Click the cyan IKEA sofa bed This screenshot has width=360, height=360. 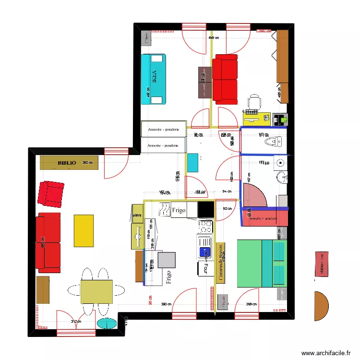[154, 79]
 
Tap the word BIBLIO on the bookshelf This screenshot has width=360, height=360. [67, 163]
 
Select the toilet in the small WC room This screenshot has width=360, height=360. [273, 142]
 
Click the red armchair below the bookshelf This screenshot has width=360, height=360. [51, 194]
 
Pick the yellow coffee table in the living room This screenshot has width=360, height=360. [84, 230]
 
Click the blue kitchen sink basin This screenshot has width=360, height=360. [205, 252]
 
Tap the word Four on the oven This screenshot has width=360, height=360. [204, 267]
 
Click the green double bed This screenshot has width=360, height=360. [262, 264]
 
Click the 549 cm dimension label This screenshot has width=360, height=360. [213, 38]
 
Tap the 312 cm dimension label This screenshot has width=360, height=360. [75, 322]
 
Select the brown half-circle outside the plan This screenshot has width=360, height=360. [321, 306]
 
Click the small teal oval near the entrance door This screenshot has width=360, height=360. [107, 324]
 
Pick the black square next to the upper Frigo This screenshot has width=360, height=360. [206, 209]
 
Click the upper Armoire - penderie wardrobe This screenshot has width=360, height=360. [163, 129]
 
